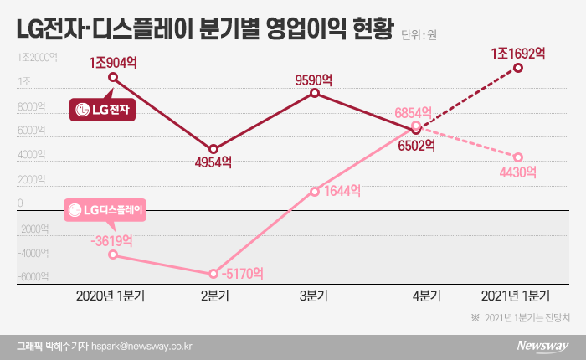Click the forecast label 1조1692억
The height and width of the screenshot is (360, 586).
pos(518,53)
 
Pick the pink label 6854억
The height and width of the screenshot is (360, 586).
pos(414,112)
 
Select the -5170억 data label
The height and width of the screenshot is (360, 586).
pos(239,273)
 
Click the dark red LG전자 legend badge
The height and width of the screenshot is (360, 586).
pos(104,109)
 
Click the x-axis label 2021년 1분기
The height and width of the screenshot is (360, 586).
pos(517,296)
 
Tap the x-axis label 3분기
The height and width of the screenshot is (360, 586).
pos(314,296)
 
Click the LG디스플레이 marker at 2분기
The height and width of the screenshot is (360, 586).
pos(213,274)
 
